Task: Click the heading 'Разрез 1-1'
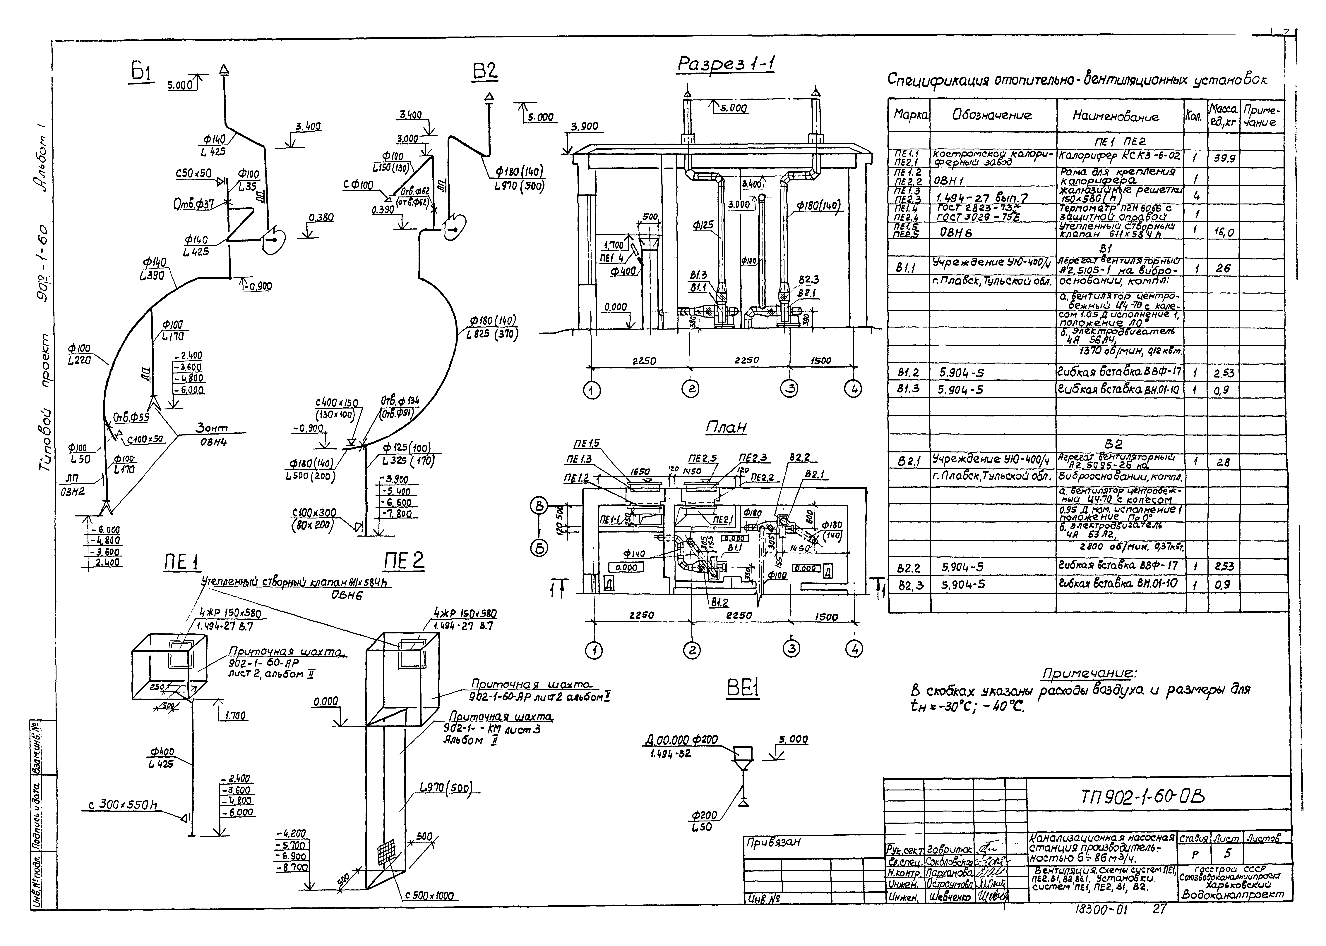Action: pos(726,64)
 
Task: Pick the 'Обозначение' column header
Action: pos(992,115)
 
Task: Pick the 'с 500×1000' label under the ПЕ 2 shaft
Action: pos(430,896)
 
